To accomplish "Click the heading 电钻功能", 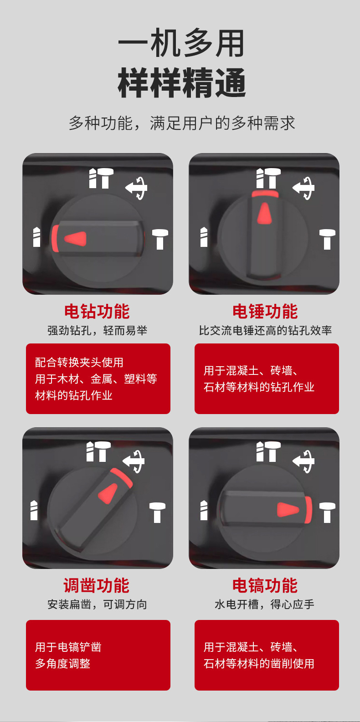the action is [97, 311].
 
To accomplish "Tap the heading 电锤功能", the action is [265, 311].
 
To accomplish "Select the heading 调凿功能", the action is [97, 585].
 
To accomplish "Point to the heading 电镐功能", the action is [265, 585].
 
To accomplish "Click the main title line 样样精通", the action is [182, 83].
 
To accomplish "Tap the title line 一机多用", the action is [181, 43].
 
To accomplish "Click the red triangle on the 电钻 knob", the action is [76, 239].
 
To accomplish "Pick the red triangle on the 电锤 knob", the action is [264, 213].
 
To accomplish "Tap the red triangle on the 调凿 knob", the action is [108, 493].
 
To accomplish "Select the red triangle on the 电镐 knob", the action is [288, 510].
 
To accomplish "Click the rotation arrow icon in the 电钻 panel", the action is [136, 188].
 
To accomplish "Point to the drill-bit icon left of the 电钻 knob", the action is [37, 237].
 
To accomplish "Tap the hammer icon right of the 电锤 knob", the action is [328, 239].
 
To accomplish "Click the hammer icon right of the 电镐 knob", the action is [328, 512].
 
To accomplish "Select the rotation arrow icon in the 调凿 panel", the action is [134, 461].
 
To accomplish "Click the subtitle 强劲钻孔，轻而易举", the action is [98, 330].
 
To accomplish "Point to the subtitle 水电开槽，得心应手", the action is [264, 604].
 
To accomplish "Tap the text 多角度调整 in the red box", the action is [62, 663].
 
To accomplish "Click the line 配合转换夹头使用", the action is [79, 362].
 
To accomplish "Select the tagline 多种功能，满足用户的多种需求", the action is [182, 123].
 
